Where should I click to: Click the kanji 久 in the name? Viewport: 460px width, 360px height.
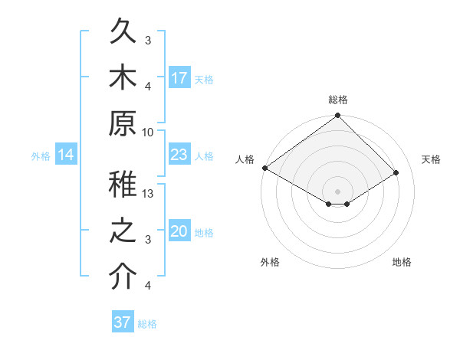click(x=124, y=32)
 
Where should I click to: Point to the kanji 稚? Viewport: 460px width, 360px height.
click(x=124, y=187)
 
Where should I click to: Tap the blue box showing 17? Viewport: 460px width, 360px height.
click(x=179, y=77)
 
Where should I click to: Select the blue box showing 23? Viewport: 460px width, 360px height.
click(x=179, y=155)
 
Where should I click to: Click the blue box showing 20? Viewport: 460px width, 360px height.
click(x=179, y=232)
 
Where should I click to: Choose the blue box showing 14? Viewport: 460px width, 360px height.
click(x=66, y=155)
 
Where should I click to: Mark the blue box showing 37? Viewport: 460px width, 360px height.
click(x=123, y=322)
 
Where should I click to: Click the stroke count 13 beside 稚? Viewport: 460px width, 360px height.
click(x=149, y=194)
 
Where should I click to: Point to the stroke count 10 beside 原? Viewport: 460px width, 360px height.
click(x=149, y=132)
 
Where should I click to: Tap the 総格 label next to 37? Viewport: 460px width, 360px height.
click(x=147, y=324)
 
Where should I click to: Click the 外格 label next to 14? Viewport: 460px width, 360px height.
click(x=41, y=156)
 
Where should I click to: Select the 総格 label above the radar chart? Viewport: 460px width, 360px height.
click(x=338, y=100)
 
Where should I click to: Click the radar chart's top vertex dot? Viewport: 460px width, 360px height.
click(x=337, y=116)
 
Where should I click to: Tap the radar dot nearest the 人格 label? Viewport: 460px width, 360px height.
click(x=264, y=168)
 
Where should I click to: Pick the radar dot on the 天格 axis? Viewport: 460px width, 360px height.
click(x=396, y=172)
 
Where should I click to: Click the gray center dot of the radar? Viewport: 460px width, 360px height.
click(x=337, y=190)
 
